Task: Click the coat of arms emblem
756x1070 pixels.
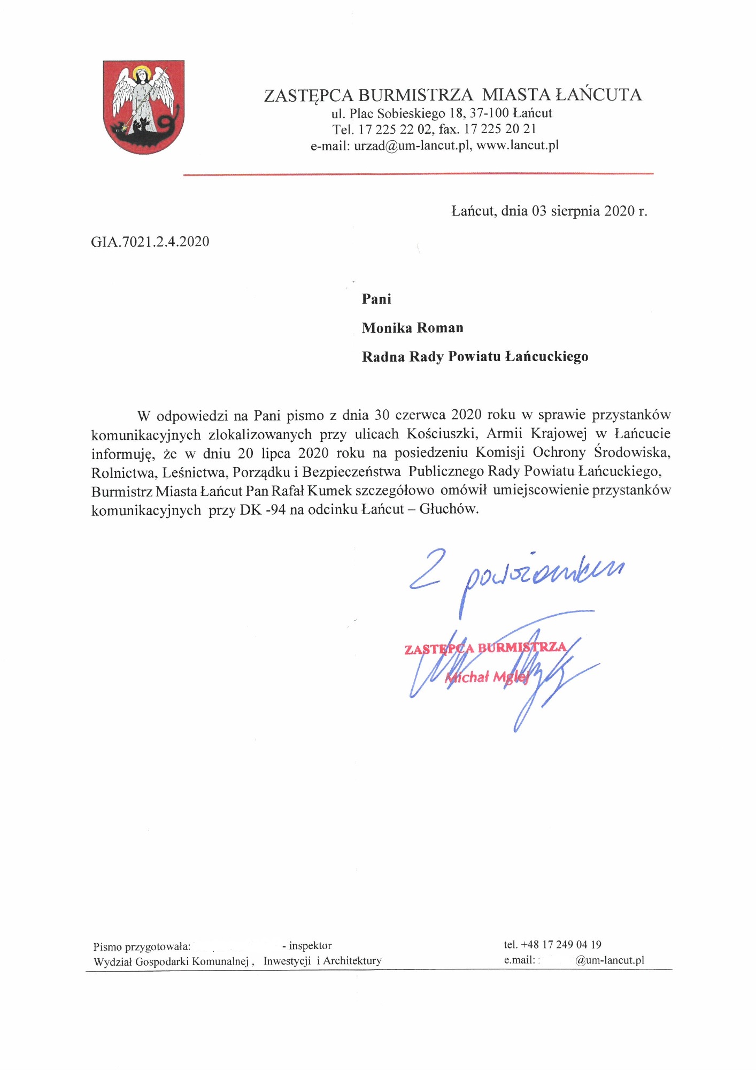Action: tap(143, 107)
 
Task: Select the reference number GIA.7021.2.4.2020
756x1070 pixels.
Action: tap(150, 242)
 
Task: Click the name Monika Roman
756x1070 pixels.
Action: tap(412, 328)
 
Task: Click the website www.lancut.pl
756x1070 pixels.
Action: tap(517, 145)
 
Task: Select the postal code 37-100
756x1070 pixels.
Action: tap(489, 113)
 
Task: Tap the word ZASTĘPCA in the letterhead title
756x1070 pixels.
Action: tap(308, 95)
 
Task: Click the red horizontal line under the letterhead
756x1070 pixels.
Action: tap(418, 174)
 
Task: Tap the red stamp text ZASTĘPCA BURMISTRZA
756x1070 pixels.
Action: tap(485, 648)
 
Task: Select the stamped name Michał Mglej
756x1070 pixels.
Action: tap(487, 677)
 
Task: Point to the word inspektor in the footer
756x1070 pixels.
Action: tap(310, 945)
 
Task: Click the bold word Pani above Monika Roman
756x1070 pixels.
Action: tap(376, 299)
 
